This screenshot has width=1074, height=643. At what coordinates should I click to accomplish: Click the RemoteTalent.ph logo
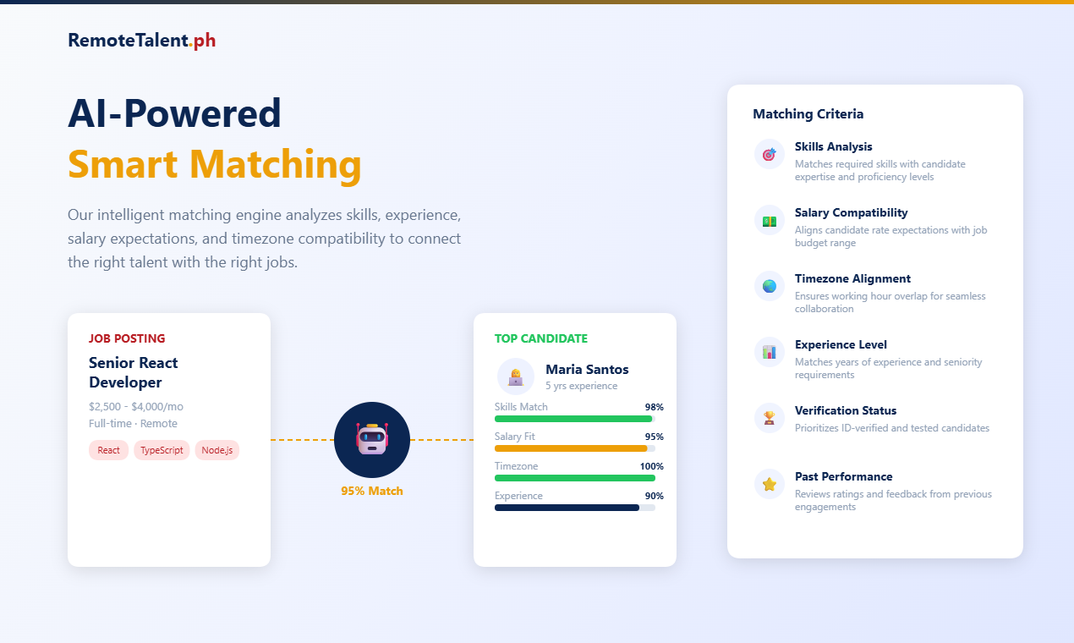141,40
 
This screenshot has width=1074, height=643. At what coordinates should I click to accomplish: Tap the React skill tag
108,450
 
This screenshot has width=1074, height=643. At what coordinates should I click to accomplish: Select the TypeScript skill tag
162,450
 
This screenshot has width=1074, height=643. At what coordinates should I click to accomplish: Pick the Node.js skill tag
216,450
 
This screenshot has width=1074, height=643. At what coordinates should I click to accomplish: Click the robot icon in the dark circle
372,440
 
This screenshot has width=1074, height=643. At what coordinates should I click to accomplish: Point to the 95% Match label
372,491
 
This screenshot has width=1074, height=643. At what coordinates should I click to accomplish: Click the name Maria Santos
587,369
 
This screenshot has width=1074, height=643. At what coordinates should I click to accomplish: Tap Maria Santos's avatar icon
516,376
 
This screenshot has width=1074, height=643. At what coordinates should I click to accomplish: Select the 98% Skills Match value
654,407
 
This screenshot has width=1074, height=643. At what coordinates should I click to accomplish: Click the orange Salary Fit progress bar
571,448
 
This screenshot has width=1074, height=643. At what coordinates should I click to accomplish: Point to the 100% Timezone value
651,466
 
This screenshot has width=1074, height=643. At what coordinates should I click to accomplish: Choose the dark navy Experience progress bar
567,508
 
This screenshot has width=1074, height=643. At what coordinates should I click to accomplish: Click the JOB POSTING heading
127,338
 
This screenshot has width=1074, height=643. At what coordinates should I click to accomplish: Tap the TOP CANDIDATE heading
540,338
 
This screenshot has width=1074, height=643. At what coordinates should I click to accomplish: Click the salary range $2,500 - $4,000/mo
136,406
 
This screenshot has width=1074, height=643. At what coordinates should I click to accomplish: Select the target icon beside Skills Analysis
769,154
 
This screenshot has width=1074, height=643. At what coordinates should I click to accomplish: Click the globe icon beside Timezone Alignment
769,286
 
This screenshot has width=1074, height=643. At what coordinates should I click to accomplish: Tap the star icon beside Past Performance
769,484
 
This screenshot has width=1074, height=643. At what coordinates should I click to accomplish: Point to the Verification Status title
846,410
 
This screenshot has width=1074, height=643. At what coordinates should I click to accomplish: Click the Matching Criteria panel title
808,114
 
